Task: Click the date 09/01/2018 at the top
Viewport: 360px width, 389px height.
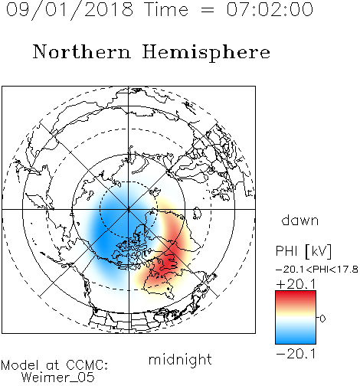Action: [x=70, y=10]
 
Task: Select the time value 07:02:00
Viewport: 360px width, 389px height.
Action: [x=270, y=9]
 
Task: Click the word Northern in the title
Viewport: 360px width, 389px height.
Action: [x=82, y=51]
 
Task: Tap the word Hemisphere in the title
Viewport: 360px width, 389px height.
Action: [x=206, y=53]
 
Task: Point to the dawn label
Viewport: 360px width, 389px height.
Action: [x=300, y=220]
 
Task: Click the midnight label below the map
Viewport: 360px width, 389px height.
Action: [x=180, y=359]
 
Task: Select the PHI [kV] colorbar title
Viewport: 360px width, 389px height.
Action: [x=303, y=251]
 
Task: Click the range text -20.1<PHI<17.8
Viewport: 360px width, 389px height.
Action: [x=316, y=270]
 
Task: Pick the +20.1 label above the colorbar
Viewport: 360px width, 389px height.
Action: [x=296, y=284]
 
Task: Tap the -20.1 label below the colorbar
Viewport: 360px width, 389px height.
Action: [x=296, y=354]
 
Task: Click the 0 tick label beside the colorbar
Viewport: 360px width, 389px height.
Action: [x=322, y=319]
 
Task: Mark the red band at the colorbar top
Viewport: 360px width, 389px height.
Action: [x=296, y=296]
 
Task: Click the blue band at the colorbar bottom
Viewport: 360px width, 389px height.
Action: [x=296, y=338]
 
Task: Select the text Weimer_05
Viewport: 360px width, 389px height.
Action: [x=58, y=378]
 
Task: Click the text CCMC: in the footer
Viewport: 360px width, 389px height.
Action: [x=87, y=365]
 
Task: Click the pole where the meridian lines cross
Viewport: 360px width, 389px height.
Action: [x=129, y=209]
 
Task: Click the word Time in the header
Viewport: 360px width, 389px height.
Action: [x=166, y=9]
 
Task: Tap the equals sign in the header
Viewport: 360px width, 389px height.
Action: [x=207, y=10]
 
